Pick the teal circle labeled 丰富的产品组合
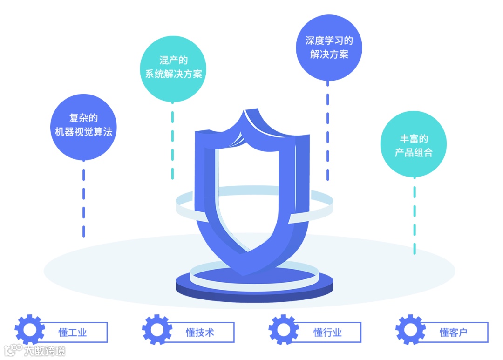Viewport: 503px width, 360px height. coord(414,144)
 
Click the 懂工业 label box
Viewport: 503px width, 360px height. coord(75,332)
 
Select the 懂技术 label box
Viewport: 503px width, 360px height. coord(201,332)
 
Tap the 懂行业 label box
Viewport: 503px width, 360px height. coord(329,332)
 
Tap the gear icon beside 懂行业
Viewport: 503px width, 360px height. coord(284,330)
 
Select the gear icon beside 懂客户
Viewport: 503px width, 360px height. coord(410,330)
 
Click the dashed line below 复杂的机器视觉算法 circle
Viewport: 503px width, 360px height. coord(84,200)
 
